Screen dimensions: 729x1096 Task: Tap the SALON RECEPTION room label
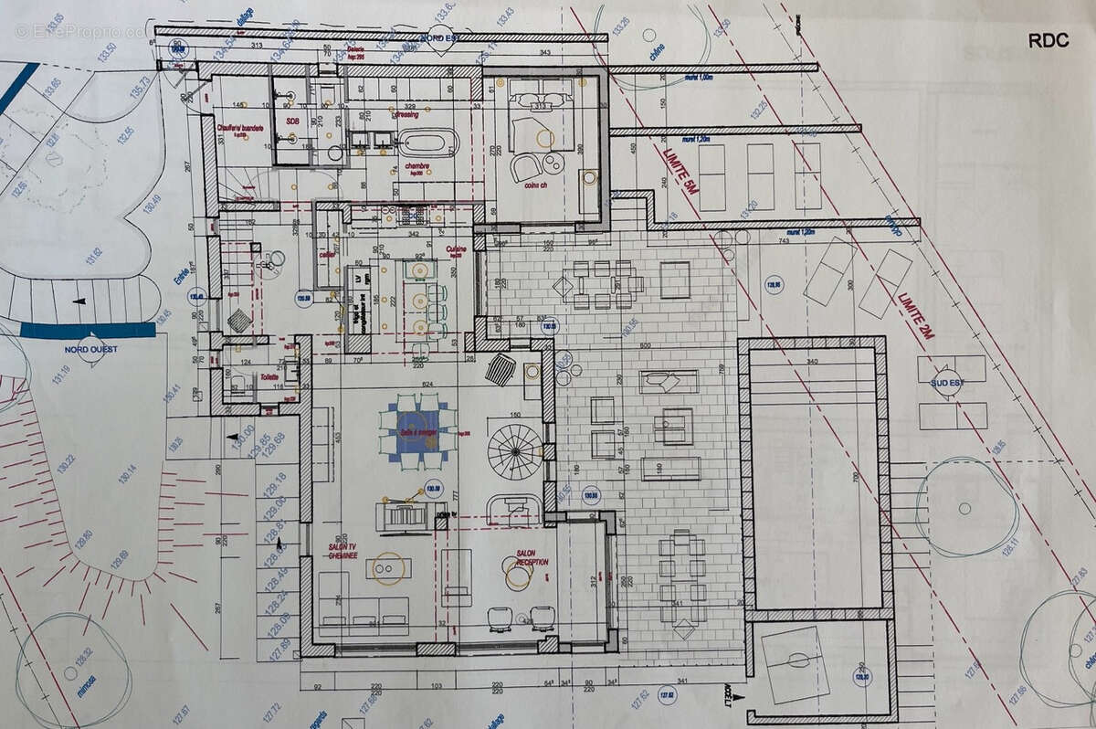532,557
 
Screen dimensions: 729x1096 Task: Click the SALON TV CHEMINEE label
339,546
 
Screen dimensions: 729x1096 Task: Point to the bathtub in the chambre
427,143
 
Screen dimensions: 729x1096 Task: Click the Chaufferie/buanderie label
239,128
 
